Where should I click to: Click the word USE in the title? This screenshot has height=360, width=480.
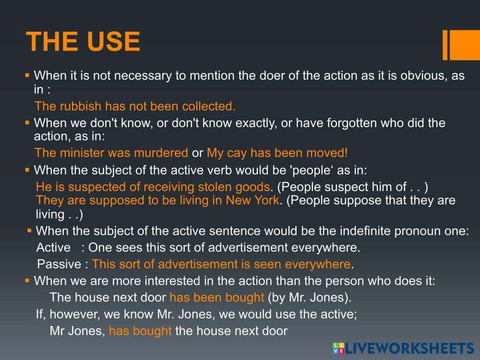(114, 42)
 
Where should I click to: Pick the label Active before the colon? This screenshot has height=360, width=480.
(54, 247)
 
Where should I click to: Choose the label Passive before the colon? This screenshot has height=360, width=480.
(59, 264)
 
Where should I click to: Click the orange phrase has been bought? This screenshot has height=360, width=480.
(217, 297)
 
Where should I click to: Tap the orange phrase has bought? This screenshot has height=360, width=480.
(140, 331)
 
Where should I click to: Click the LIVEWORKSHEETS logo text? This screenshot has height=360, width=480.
(409, 348)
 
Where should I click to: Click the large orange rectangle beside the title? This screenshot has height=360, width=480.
(465, 45)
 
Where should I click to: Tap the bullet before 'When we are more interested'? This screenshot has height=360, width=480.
(27, 280)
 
